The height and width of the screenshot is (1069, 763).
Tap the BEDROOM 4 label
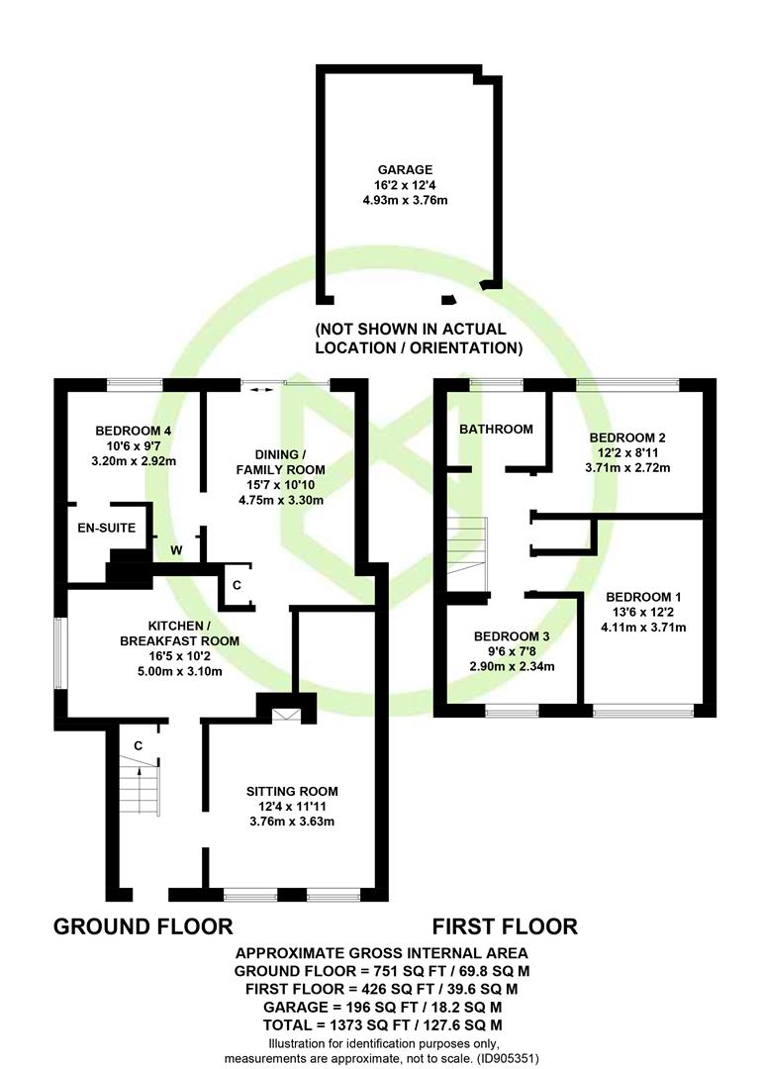click(x=135, y=431)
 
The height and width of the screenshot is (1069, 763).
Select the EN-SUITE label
click(x=106, y=529)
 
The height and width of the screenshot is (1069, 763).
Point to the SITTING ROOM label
click(x=292, y=791)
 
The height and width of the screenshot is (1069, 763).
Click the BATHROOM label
click(x=496, y=429)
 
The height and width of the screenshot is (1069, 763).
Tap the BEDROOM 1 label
click(x=644, y=597)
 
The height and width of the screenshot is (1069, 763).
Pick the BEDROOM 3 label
click(x=511, y=635)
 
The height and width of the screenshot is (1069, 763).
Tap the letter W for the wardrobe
click(x=176, y=550)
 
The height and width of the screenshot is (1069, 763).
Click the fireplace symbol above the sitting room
click(x=285, y=715)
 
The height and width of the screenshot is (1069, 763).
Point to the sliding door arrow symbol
click(x=260, y=391)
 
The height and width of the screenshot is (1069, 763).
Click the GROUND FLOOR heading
click(x=143, y=926)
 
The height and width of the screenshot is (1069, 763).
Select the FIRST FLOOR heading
click(x=505, y=926)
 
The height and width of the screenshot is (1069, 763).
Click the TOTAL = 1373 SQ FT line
click(x=381, y=1023)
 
